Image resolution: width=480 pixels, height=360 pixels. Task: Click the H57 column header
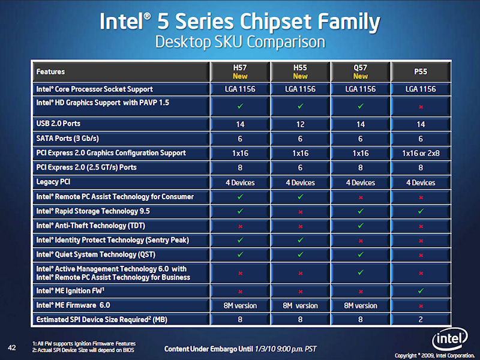[x=240, y=71]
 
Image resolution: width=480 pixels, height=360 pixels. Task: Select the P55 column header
[x=421, y=71]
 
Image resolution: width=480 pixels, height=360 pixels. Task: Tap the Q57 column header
[x=361, y=71]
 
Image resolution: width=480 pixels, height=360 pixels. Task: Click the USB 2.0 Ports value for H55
[x=300, y=124]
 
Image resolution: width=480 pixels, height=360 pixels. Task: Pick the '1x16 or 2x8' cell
[x=421, y=153]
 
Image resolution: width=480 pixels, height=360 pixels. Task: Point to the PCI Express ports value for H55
[x=300, y=167]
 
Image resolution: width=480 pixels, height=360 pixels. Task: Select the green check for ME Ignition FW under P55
[x=421, y=291]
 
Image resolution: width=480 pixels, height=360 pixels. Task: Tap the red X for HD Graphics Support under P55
[x=421, y=107]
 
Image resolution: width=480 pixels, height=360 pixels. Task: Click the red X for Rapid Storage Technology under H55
[x=300, y=211]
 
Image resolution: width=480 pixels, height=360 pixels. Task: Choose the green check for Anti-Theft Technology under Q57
[x=361, y=226]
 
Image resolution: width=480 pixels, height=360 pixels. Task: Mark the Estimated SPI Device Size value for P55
[x=421, y=320]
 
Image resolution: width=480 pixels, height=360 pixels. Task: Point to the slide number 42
[x=11, y=347]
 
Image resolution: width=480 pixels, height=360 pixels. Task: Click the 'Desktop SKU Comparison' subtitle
[x=239, y=43]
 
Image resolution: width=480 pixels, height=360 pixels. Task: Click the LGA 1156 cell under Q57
[x=361, y=89]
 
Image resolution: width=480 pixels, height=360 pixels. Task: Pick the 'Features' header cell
[x=51, y=71]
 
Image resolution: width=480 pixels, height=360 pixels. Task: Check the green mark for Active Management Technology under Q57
[x=361, y=272]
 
